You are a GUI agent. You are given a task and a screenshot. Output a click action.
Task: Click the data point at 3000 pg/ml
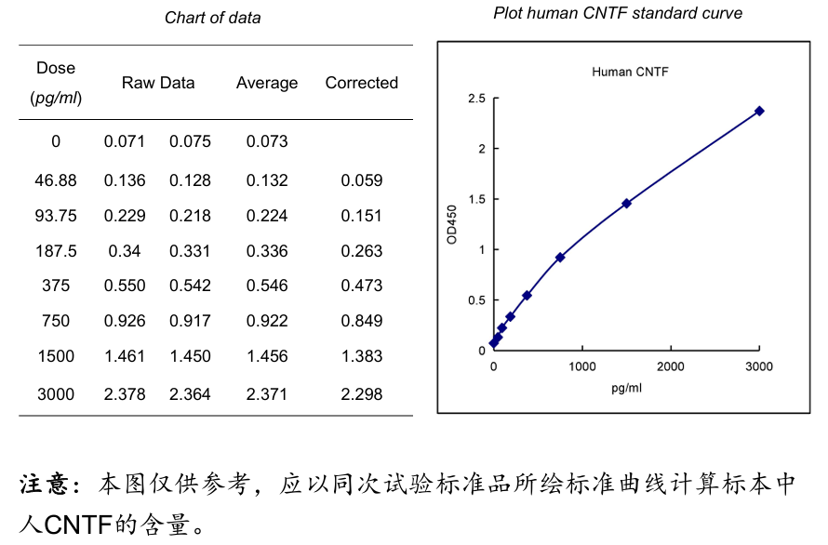coord(759,111)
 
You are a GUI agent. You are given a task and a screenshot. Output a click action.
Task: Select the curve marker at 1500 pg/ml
coord(626,203)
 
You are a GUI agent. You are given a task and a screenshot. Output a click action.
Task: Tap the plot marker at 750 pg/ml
coord(560,257)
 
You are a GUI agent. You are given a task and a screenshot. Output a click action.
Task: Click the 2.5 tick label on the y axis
coord(476,99)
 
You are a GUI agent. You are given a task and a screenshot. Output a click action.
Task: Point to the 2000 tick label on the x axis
coord(671,366)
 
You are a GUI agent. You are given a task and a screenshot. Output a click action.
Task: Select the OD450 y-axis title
coord(452,224)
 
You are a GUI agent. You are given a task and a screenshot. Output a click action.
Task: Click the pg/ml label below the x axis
coord(626,388)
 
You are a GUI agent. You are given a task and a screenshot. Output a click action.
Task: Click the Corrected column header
coord(361,83)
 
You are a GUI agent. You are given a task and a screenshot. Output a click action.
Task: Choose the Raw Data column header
coord(158,83)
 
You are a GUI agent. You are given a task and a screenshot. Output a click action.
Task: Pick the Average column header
coord(267,83)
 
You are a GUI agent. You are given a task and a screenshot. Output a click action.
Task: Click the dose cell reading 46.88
coord(56,180)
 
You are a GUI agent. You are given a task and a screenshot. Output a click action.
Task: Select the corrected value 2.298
coord(361,394)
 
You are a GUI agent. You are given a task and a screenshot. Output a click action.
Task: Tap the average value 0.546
coord(267,286)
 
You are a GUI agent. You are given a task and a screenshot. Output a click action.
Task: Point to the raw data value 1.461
coord(125,356)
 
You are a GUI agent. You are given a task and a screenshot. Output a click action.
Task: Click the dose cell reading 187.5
coord(56,251)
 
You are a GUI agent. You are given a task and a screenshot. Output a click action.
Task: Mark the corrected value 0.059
coord(361,180)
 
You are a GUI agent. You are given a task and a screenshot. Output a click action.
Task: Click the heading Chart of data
coord(213,18)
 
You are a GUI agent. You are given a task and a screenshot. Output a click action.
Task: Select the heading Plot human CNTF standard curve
coord(618,13)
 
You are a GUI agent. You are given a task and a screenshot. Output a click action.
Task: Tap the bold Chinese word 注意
coord(47,485)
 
